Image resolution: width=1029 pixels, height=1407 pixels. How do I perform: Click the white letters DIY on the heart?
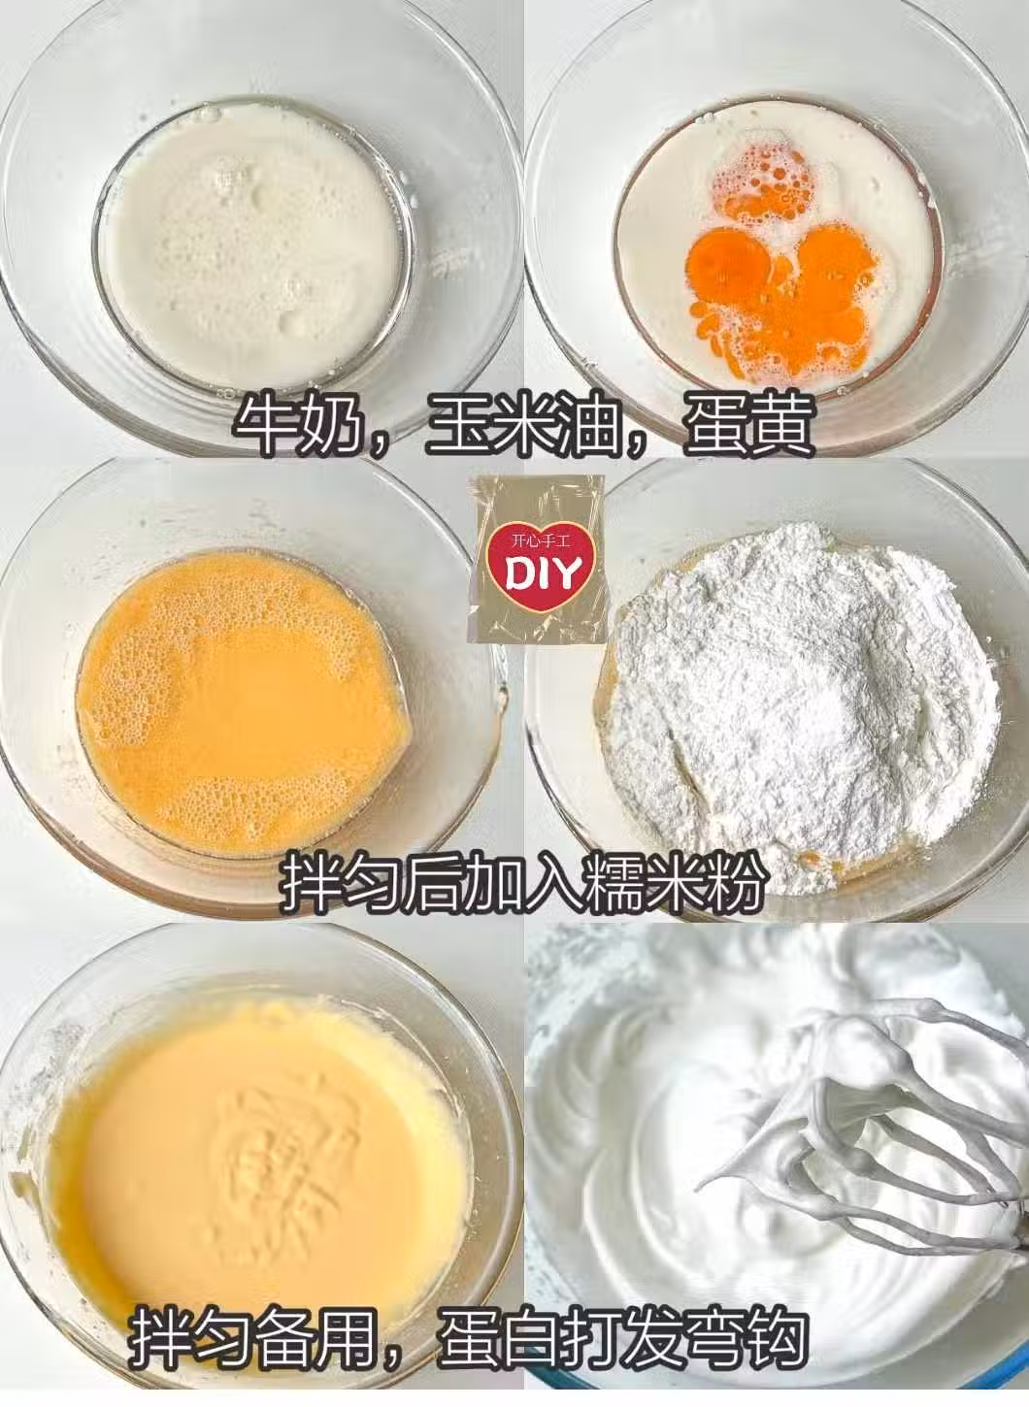coord(541,573)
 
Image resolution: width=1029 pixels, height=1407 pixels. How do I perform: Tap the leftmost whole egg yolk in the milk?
coord(731,265)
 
